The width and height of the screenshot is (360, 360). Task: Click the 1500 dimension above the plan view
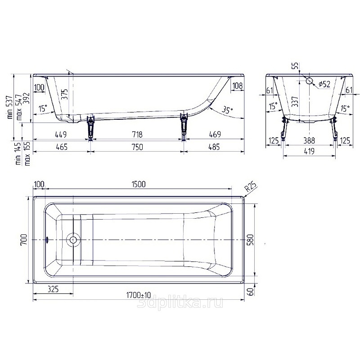(x=139, y=184)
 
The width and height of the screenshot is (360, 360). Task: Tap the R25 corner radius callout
(x=250, y=186)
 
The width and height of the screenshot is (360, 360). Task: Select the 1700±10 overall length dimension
(x=139, y=295)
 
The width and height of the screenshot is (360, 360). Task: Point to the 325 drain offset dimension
(x=53, y=289)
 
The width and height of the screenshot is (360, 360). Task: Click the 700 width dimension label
(x=24, y=239)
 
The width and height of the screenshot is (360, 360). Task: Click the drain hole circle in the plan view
(x=73, y=240)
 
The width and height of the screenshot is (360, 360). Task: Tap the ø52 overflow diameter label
(x=324, y=84)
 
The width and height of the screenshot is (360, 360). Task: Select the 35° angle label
(x=227, y=110)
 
